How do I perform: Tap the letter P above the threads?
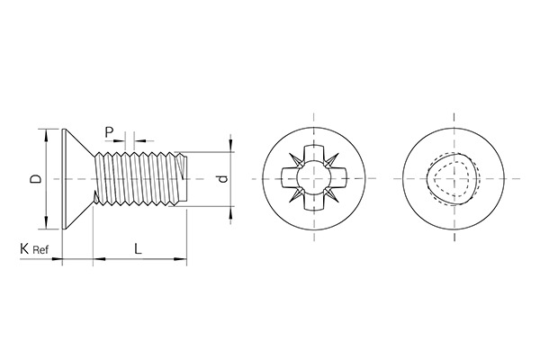pyautogui.click(x=109, y=132)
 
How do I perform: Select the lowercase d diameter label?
pyautogui.click(x=222, y=179)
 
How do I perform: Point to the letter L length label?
pyautogui.click(x=137, y=247)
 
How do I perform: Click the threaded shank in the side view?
pyautogui.click(x=139, y=179)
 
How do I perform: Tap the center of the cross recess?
pyautogui.click(x=313, y=179)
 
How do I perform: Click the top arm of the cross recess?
pyautogui.click(x=313, y=154)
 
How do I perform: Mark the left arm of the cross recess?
pyautogui.click(x=288, y=179)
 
